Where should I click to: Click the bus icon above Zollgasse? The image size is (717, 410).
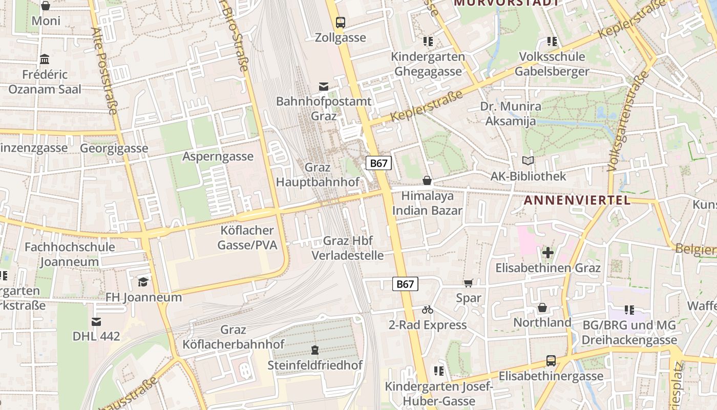[x=341, y=22]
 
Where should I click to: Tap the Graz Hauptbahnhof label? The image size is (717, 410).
[x=318, y=175]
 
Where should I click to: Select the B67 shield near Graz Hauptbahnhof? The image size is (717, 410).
[x=378, y=163]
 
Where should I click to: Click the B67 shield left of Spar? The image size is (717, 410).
[x=405, y=284]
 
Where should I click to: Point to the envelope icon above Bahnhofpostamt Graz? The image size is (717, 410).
[x=324, y=86]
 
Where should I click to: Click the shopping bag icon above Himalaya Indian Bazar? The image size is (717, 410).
[x=427, y=180]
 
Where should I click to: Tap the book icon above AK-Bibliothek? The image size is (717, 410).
[x=528, y=161]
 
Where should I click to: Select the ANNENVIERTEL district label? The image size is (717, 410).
[x=577, y=200]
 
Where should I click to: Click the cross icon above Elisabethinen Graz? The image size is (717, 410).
[x=547, y=252]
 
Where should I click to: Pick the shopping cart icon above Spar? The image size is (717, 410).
[x=468, y=283]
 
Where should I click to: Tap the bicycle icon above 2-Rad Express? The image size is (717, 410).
[x=428, y=310]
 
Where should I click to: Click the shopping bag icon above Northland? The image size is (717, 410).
[x=542, y=307]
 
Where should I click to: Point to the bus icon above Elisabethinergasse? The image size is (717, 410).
[x=551, y=361]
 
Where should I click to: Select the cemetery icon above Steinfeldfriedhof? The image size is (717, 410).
[x=314, y=350]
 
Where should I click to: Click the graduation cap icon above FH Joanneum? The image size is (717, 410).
[x=143, y=282]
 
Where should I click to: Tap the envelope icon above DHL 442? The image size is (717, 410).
[x=96, y=321]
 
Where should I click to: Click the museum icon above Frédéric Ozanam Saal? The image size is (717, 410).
[x=45, y=59]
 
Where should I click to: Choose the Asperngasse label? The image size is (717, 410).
[x=218, y=157]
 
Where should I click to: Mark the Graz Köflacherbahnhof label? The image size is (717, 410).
[x=234, y=337]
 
